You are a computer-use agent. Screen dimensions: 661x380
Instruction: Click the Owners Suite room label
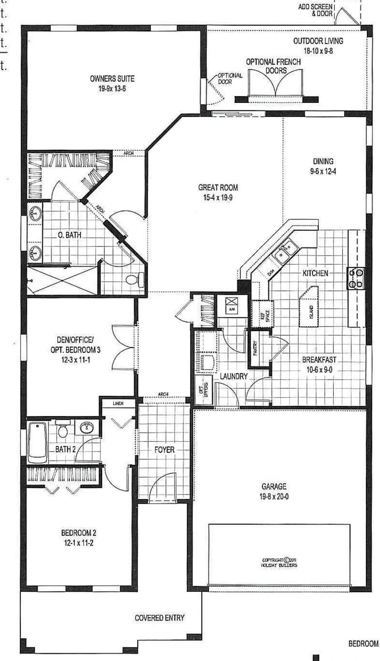click(112, 79)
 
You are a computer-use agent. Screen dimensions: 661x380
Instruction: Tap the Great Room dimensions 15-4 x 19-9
click(218, 198)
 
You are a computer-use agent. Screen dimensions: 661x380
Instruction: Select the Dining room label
click(323, 161)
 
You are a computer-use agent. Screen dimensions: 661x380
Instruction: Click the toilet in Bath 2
click(63, 429)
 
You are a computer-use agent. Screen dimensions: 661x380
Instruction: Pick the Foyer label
click(164, 450)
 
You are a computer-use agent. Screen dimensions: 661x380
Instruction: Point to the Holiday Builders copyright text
click(279, 563)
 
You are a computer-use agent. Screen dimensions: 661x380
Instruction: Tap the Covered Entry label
click(159, 618)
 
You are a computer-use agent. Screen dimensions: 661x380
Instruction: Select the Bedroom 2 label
click(78, 533)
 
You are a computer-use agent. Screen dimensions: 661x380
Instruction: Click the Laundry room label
click(234, 377)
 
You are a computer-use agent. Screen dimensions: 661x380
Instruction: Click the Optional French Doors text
click(273, 66)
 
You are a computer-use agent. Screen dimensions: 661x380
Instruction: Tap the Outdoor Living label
click(318, 41)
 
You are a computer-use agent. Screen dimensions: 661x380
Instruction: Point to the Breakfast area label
click(319, 360)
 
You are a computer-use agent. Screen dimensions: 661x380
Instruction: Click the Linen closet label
click(118, 403)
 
